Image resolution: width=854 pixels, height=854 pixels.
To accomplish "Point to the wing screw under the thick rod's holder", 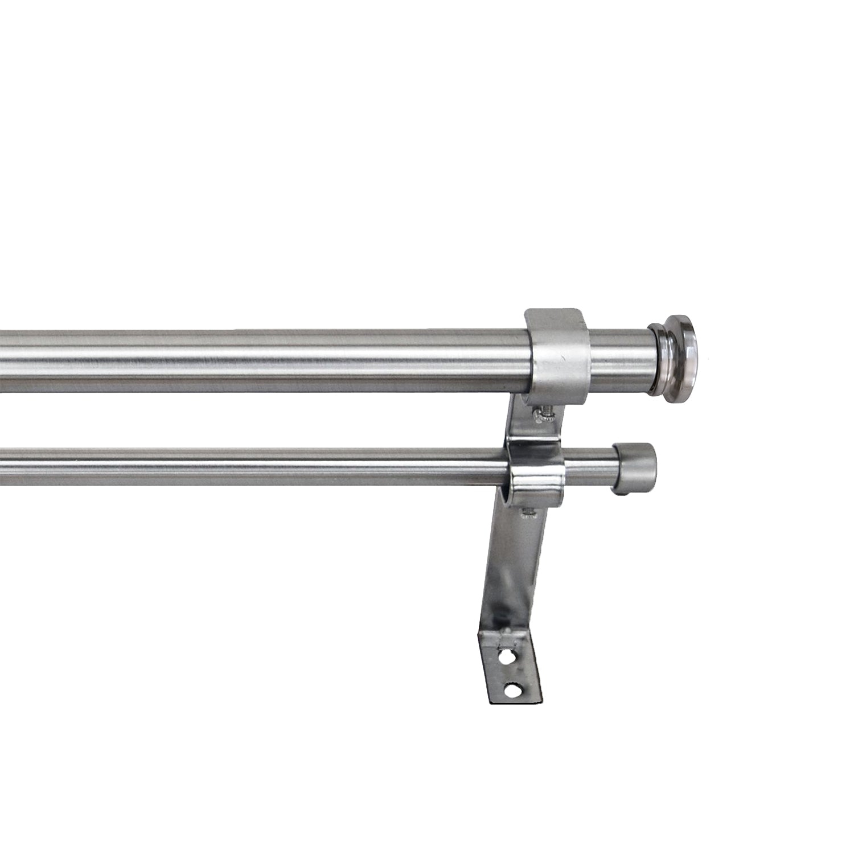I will [542, 413].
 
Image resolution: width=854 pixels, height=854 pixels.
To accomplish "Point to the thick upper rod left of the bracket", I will [256, 360].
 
